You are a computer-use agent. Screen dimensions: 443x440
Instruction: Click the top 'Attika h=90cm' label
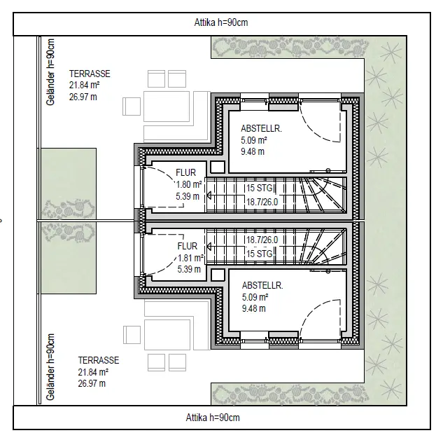(220, 22)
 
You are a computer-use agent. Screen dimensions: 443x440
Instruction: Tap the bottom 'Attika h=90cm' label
(213, 418)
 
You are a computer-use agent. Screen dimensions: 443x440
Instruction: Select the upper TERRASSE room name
(90, 74)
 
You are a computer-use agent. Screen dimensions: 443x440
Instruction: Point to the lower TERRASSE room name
(99, 360)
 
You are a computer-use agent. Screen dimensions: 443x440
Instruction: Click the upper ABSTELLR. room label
(261, 128)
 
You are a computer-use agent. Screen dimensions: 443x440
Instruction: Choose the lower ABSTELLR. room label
(262, 286)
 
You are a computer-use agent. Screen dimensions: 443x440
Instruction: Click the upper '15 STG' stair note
(258, 188)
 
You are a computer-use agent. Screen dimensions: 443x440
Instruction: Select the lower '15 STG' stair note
(258, 254)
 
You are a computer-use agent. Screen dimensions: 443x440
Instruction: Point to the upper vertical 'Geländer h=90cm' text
(50, 71)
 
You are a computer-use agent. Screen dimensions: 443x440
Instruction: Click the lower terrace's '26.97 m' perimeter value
(92, 383)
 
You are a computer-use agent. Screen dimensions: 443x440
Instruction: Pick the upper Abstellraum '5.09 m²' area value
(255, 140)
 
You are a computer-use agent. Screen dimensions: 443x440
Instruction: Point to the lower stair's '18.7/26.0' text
(261, 240)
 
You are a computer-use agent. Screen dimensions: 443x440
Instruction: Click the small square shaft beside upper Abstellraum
(217, 167)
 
